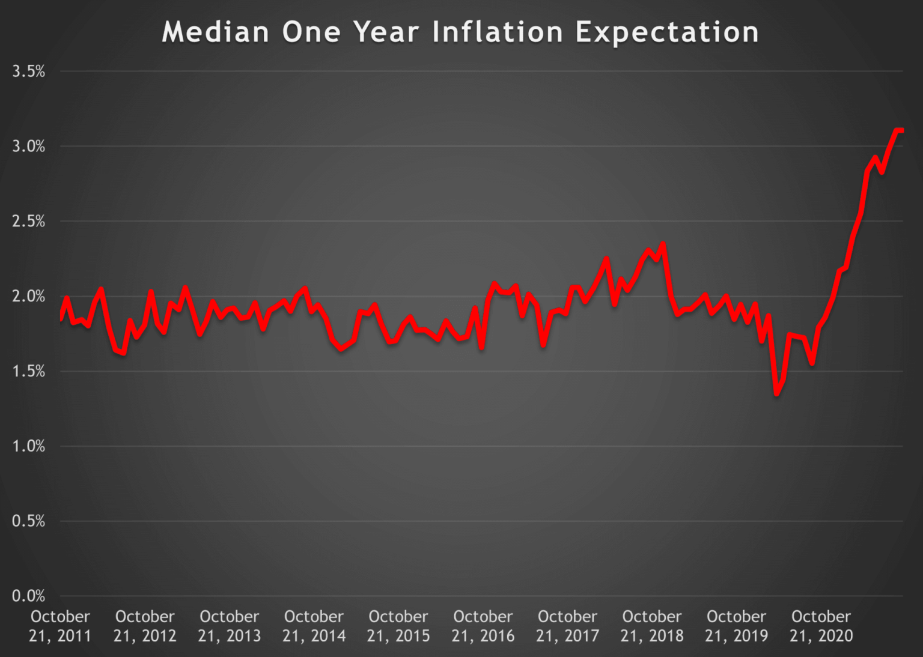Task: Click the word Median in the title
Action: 215,32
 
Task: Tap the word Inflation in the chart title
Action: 498,32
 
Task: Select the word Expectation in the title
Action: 667,32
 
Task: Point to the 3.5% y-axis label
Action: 28,71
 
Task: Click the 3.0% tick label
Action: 28,146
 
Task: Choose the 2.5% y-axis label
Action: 28,221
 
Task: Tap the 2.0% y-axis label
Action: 28,296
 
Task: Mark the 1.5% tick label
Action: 28,371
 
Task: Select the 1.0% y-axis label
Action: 28,446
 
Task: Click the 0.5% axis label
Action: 28,521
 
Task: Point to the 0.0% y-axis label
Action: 28,596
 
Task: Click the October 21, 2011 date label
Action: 60,626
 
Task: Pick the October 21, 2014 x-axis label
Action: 314,626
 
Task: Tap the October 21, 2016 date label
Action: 483,626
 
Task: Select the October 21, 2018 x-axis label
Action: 652,626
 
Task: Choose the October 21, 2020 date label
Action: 821,626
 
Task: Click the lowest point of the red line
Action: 777,393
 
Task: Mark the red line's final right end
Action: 902,130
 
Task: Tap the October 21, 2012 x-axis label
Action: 145,626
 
